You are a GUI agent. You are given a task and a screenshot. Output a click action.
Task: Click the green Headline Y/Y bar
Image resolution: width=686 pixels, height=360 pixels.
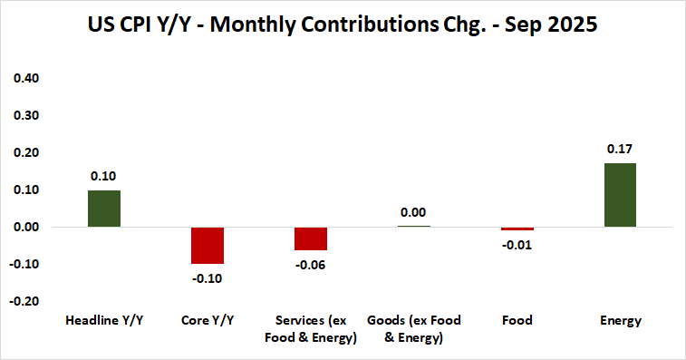click(x=103, y=209)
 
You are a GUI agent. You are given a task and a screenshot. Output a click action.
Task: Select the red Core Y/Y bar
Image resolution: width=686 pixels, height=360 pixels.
click(x=208, y=245)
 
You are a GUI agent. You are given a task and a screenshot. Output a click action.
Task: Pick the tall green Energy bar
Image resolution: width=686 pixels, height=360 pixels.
click(x=621, y=195)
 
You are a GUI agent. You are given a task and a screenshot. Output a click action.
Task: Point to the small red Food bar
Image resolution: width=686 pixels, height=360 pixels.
click(x=517, y=229)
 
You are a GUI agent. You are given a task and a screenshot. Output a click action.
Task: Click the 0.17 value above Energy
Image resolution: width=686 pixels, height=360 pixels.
click(x=621, y=148)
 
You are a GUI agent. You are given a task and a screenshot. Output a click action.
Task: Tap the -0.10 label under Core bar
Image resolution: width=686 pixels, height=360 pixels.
click(x=208, y=278)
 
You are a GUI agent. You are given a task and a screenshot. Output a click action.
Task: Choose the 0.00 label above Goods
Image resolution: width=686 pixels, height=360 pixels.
click(x=413, y=212)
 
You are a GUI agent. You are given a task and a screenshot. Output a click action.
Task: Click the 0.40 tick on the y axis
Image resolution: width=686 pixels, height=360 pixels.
click(x=28, y=79)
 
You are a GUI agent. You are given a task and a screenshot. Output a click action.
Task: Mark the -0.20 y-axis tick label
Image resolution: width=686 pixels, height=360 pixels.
click(x=26, y=301)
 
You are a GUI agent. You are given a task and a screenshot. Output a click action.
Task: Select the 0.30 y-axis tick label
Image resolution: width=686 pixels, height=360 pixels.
click(x=28, y=116)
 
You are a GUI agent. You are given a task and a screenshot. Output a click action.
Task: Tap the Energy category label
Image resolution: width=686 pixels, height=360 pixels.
click(x=621, y=320)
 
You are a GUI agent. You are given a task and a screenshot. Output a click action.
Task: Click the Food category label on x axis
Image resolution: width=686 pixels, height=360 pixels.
click(x=517, y=320)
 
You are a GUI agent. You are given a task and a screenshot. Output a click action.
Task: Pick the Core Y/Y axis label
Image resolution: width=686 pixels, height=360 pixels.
click(x=208, y=320)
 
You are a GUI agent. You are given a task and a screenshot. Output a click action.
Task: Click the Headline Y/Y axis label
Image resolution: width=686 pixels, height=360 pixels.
click(x=103, y=320)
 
